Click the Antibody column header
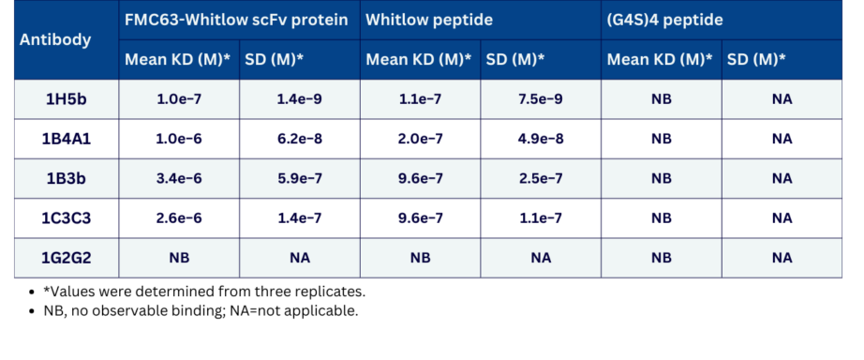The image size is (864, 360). [55, 39]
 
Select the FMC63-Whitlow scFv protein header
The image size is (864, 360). [236, 20]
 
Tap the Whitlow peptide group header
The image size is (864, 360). [429, 20]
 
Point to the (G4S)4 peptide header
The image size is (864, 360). [665, 20]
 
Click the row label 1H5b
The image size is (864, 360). [67, 99]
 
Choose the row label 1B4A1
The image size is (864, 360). [67, 139]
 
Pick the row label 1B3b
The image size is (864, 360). [67, 179]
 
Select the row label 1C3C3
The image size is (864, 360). [67, 218]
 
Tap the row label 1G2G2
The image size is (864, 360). [67, 258]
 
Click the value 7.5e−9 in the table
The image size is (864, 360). [540, 99]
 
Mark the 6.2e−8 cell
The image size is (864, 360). [300, 139]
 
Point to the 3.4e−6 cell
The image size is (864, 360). [179, 179]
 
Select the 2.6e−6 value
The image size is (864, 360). [179, 218]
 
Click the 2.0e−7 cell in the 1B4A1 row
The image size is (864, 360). [420, 139]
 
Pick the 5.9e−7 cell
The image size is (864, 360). [300, 179]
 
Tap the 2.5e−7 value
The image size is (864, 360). [540, 179]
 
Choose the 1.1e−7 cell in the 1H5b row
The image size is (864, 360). [420, 99]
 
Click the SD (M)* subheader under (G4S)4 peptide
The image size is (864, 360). [756, 60]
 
